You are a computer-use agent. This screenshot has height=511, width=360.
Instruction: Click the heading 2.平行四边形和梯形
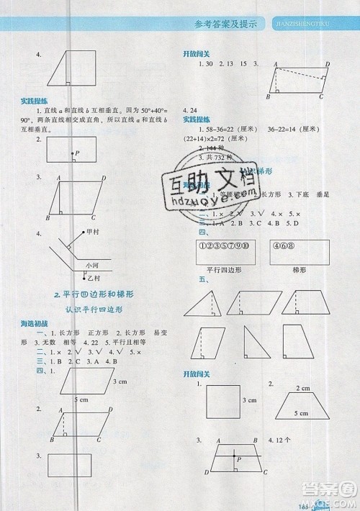(x=99, y=295)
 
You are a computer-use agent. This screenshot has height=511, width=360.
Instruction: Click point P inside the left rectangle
(x=76, y=153)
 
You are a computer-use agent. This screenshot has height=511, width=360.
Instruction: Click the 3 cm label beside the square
(x=249, y=399)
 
